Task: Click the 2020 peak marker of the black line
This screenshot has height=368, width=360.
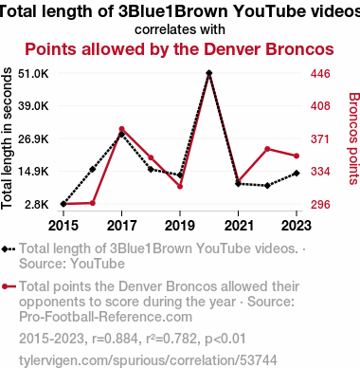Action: (x=208, y=73)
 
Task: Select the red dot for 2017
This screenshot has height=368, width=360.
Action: (x=121, y=129)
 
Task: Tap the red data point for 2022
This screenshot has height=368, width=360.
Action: (x=267, y=149)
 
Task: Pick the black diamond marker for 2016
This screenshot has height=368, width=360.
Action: (x=93, y=170)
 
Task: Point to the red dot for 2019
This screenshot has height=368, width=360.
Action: (x=180, y=187)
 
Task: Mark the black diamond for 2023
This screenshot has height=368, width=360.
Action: (x=297, y=174)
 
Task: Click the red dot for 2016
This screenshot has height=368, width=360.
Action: (x=93, y=203)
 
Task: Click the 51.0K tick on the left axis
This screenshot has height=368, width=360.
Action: (x=33, y=74)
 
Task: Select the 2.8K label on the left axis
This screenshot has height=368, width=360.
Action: (x=37, y=204)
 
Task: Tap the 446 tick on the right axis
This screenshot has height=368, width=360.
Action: (x=320, y=74)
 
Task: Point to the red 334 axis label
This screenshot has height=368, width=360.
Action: (x=320, y=172)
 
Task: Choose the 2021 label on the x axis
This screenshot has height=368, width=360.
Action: (x=239, y=226)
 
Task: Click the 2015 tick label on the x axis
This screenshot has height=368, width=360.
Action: (x=63, y=226)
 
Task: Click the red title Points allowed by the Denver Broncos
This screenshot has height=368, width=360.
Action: (x=179, y=49)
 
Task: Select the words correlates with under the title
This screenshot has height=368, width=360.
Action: (x=180, y=29)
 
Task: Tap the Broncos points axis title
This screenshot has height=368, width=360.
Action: (x=354, y=138)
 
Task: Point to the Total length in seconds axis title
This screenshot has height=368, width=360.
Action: (x=7, y=138)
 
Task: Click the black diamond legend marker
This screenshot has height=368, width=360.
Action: (x=9, y=249)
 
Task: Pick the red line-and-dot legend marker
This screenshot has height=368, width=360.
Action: (x=9, y=286)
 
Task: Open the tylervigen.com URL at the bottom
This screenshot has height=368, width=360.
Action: (x=148, y=360)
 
